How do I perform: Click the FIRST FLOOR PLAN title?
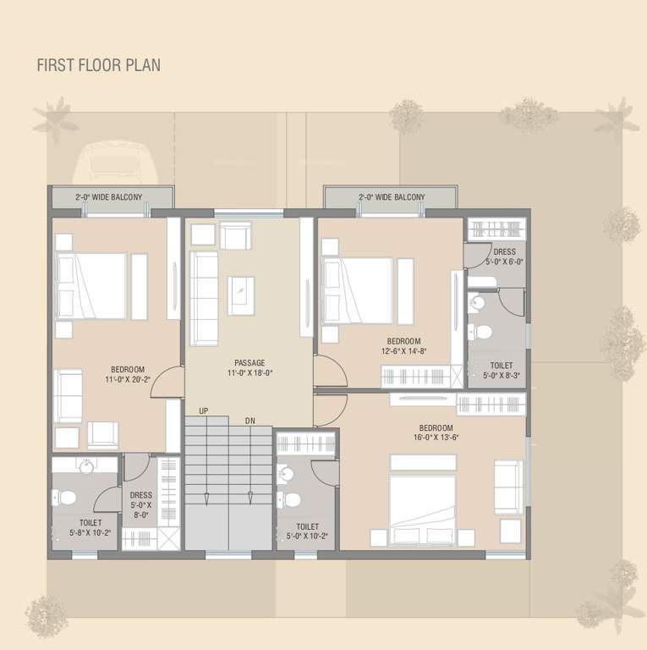click(x=98, y=65)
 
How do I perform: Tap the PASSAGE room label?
click(x=249, y=367)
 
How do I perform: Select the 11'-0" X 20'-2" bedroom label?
click(x=128, y=375)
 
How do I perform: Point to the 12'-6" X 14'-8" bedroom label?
click(x=404, y=347)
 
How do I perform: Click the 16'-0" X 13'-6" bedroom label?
click(x=436, y=433)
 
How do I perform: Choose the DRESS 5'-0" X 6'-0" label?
click(x=504, y=256)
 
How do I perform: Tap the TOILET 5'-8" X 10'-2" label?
click(x=90, y=528)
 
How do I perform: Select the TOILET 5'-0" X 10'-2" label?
click(x=308, y=531)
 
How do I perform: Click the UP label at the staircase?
click(x=204, y=410)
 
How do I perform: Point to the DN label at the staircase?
click(x=249, y=421)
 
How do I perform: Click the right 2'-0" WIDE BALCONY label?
click(x=392, y=197)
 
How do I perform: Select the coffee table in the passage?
click(x=242, y=290)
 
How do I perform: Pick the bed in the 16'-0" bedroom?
click(x=422, y=499)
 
